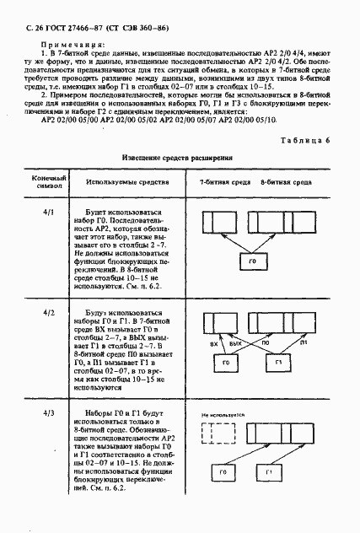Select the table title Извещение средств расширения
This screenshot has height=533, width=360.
point(172,158)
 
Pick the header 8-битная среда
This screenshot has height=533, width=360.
point(287,181)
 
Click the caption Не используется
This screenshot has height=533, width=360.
point(223,414)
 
